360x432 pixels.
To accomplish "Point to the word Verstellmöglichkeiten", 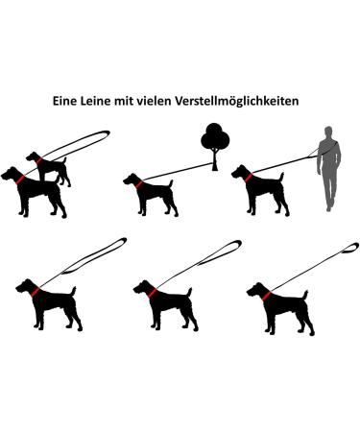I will [250, 100].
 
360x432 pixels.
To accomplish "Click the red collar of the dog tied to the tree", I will [140, 181].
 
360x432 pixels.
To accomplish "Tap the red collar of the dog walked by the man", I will [249, 178].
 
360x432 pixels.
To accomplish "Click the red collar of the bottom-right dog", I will [266, 293].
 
